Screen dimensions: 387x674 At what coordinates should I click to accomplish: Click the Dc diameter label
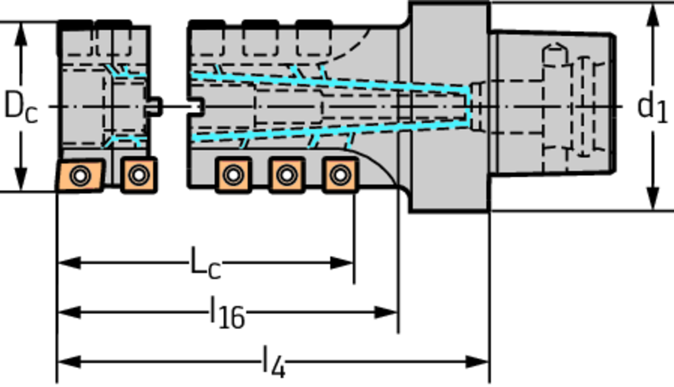20,107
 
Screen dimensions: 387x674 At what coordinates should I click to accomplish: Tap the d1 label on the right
652,107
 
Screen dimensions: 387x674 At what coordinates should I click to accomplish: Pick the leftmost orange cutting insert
79,175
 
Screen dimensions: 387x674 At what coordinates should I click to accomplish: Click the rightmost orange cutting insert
339,175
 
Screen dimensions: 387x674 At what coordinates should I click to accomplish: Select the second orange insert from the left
138,175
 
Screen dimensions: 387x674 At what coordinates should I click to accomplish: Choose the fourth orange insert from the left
286,175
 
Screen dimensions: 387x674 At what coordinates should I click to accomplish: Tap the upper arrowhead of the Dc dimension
22,32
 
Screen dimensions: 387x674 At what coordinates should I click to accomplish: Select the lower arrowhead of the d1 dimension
653,199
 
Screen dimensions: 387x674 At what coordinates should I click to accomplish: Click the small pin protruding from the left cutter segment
155,106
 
